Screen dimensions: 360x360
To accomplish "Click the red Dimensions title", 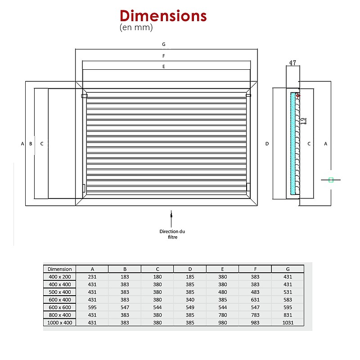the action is [163, 16].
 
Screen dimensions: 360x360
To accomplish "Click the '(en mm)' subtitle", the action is [136, 27].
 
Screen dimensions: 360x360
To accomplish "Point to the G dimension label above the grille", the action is [164, 44].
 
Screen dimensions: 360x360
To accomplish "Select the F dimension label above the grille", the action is [164, 56].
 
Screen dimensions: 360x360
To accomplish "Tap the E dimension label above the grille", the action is [164, 66].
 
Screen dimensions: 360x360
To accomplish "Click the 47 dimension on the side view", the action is [293, 63].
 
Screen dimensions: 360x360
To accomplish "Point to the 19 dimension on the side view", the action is [303, 121].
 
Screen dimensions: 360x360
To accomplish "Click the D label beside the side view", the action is [267, 144].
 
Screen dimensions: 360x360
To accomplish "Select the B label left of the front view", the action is [31, 144].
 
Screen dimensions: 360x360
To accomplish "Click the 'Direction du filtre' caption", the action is [172, 234].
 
